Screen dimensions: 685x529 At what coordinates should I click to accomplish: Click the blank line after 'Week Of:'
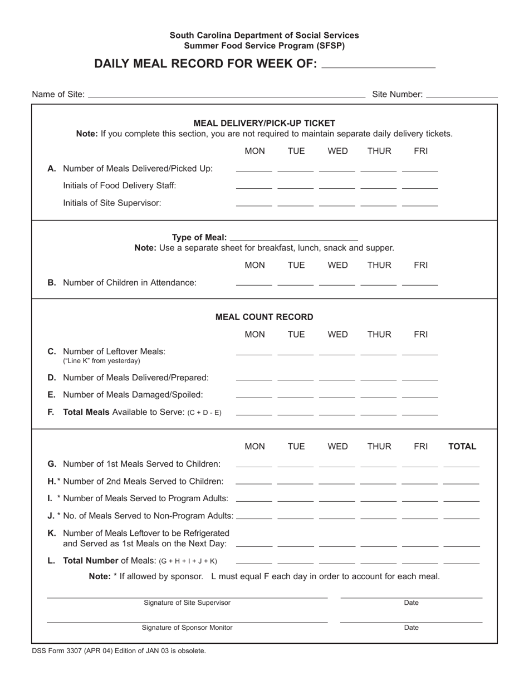pyautogui.click(x=379, y=66)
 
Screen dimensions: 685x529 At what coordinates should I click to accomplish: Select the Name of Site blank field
pyautogui.click(x=226, y=96)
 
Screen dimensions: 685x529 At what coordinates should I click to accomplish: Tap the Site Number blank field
pyautogui.click(x=461, y=96)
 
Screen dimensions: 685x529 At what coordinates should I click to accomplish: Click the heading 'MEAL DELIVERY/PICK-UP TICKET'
pyautogui.click(x=264, y=123)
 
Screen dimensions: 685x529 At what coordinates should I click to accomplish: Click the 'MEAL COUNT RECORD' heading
pyautogui.click(x=264, y=317)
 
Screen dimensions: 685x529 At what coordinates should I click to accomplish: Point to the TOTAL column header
pyautogui.click(x=462, y=446)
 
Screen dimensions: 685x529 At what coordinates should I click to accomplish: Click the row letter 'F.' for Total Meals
pyautogui.click(x=51, y=413)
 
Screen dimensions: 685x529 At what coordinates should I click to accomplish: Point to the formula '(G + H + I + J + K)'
pyautogui.click(x=188, y=561)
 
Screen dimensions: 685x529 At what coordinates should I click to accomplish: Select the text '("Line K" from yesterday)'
pyautogui.click(x=102, y=361)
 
